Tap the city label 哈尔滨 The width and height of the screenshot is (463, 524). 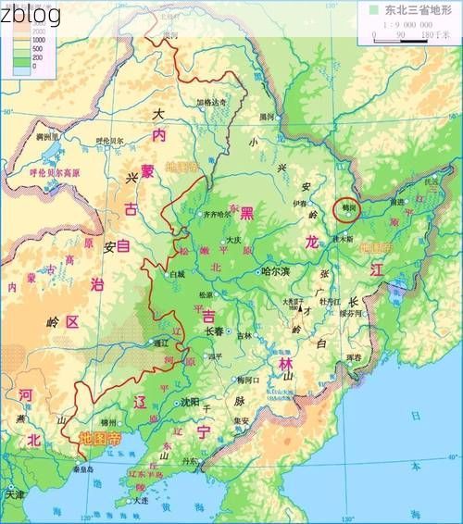coord(275,271)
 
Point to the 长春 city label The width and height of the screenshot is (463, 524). coord(214,331)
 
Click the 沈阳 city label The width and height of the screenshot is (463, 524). coord(190,402)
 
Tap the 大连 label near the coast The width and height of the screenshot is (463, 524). coord(140,500)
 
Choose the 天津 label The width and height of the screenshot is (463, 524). coord(14,494)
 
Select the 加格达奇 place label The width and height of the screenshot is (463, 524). coord(210,101)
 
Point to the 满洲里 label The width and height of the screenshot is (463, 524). coord(48,137)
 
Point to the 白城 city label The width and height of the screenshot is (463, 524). coord(177,274)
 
